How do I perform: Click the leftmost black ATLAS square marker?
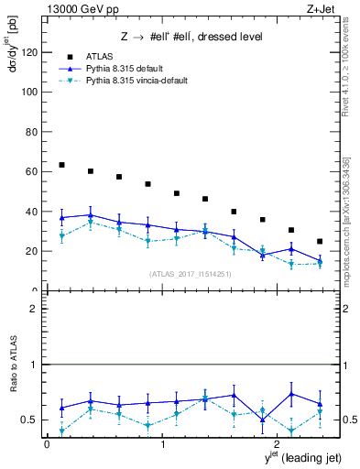(61, 165)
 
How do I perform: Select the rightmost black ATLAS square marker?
(320, 241)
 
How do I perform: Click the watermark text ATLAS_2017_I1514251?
(189, 274)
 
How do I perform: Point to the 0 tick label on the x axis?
(47, 443)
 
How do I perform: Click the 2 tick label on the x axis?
(278, 443)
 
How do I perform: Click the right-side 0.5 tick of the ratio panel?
(340, 420)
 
